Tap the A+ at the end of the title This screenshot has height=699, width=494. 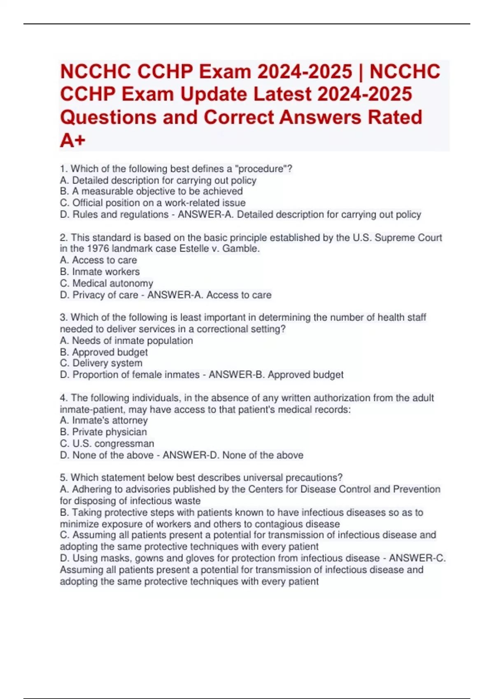tap(73, 140)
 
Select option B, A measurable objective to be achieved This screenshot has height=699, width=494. tap(151, 191)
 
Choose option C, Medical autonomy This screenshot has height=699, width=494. tap(107, 283)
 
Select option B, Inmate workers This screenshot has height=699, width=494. tap(100, 272)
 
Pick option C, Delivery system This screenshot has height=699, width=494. tap(101, 363)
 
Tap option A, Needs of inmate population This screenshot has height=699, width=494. tap(127, 340)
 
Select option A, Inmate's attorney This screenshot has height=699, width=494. tap(104, 420)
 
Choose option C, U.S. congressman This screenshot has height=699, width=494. tap(107, 444)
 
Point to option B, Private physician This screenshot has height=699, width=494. tap(104, 432)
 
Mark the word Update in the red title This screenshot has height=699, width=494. tap(214, 94)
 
